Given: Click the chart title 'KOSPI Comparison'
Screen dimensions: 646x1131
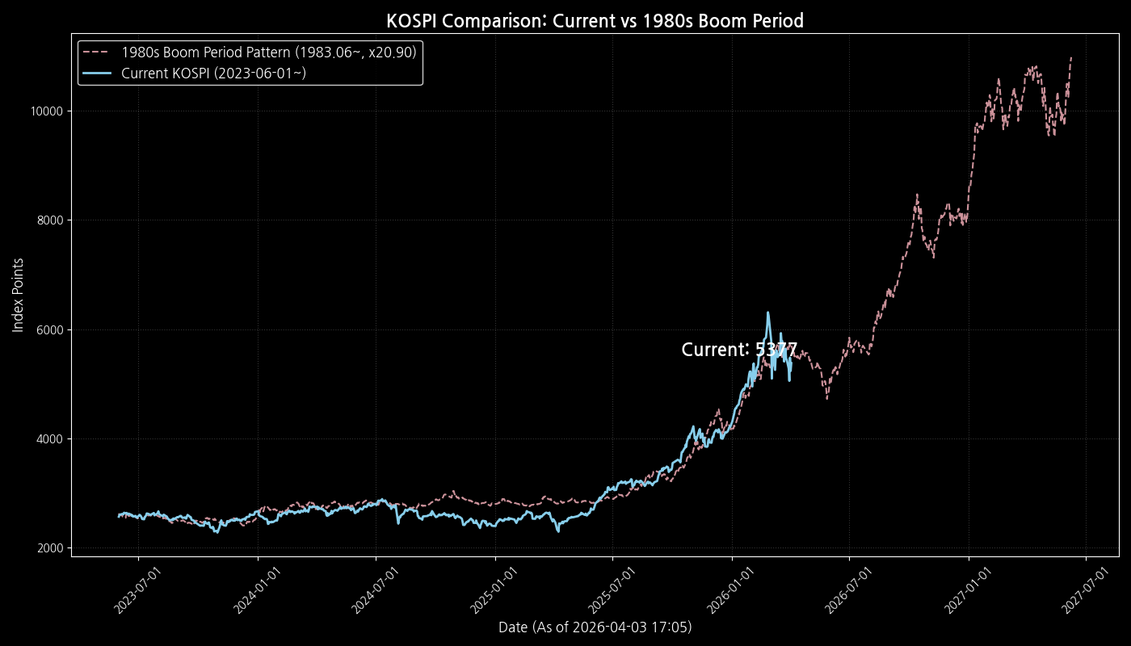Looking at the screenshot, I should pyautogui.click(x=595, y=21).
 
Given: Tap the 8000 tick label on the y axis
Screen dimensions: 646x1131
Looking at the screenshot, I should pyautogui.click(x=53, y=220).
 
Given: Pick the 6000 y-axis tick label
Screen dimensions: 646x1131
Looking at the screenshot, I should pyautogui.click(x=53, y=329).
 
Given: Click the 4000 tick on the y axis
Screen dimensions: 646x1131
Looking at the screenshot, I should pyautogui.click(x=53, y=439).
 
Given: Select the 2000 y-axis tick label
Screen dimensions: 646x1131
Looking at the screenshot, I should pyautogui.click(x=53, y=548).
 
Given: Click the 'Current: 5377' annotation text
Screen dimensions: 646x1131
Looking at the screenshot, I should pyautogui.click(x=739, y=350).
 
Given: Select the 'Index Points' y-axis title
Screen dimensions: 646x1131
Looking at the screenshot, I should pyautogui.click(x=18, y=295).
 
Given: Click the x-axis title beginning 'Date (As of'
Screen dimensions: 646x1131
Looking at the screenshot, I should pyautogui.click(x=595, y=627).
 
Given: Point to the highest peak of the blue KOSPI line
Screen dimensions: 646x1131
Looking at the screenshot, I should pyautogui.click(x=767, y=313).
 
